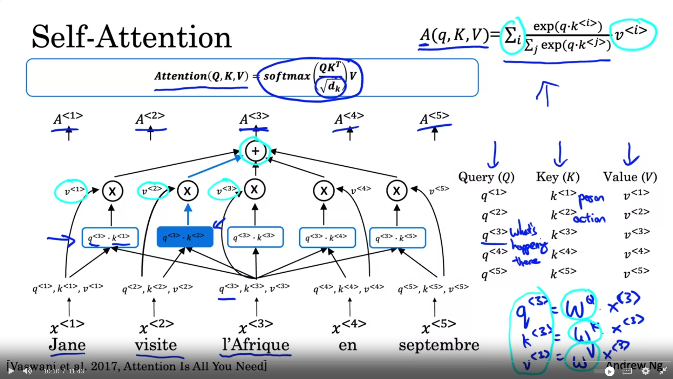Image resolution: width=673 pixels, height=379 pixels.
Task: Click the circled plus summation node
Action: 255,151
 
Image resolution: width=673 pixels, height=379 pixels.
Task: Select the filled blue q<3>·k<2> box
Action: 185,237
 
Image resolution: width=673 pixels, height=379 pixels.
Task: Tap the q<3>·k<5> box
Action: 397,238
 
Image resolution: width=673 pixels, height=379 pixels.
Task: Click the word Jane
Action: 67,345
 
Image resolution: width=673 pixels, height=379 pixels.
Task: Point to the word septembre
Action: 439,345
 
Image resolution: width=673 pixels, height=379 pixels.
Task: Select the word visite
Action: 156,345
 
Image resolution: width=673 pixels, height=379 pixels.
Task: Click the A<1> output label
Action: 68,118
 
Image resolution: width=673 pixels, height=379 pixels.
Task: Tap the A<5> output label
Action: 434,118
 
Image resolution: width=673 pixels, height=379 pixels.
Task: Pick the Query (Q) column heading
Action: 486,177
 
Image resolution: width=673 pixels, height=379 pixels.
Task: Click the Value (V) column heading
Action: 630,177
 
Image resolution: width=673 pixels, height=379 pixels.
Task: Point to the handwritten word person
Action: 591,199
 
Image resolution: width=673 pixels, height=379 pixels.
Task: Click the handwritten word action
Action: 589,219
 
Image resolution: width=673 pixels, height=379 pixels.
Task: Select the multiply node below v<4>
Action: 324,191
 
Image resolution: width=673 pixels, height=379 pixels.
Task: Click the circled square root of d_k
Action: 331,86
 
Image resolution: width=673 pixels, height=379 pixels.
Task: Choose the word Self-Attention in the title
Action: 131,37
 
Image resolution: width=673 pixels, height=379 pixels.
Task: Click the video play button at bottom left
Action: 11,371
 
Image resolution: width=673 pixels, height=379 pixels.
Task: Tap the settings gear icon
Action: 645,371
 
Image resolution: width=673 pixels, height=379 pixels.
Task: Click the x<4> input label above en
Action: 349,327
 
